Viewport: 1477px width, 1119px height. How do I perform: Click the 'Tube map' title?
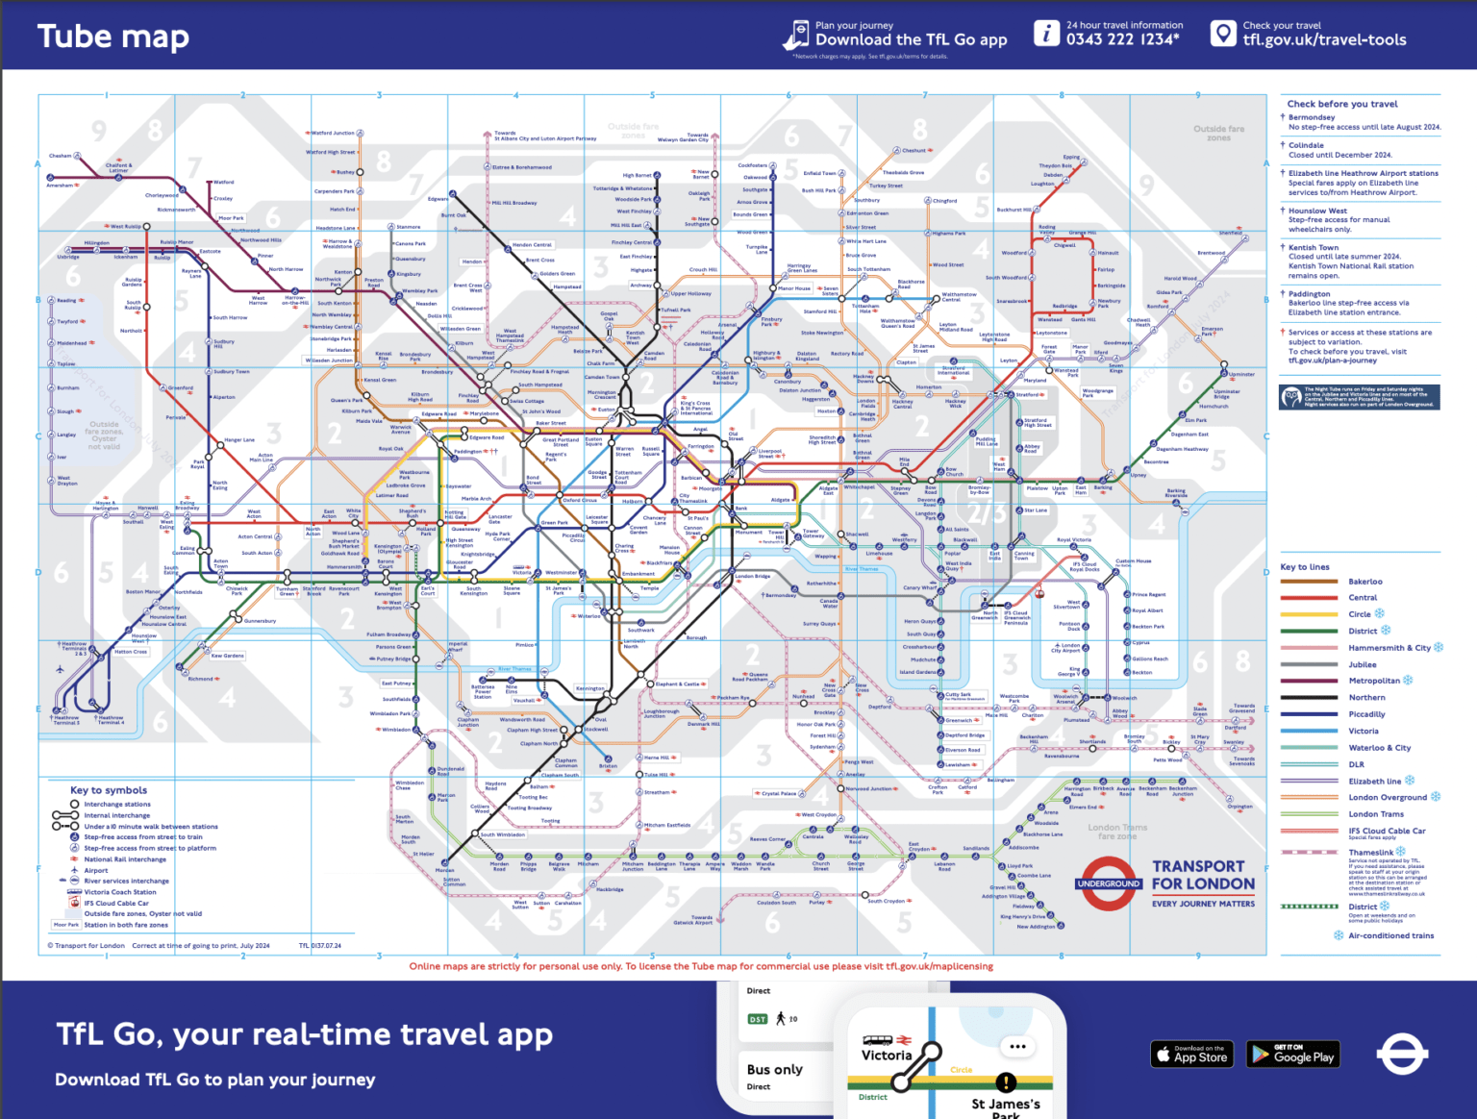113,37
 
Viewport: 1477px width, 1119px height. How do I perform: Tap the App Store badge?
1191,1054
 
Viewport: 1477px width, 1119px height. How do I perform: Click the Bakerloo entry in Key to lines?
1364,582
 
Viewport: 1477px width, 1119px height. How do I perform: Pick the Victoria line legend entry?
1363,732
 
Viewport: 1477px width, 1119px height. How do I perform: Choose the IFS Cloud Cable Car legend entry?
1386,831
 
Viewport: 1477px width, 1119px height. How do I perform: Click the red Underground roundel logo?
1109,883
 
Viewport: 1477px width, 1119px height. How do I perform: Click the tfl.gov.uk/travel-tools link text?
1323,39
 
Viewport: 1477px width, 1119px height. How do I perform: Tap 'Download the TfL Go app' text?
911,39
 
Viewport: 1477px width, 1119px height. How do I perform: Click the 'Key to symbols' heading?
109,790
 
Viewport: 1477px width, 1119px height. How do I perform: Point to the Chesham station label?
60,156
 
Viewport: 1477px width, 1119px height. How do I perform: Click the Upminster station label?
1240,374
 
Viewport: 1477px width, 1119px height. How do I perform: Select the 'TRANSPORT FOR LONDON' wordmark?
1203,875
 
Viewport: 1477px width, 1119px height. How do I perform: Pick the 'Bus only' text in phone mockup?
774,1069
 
